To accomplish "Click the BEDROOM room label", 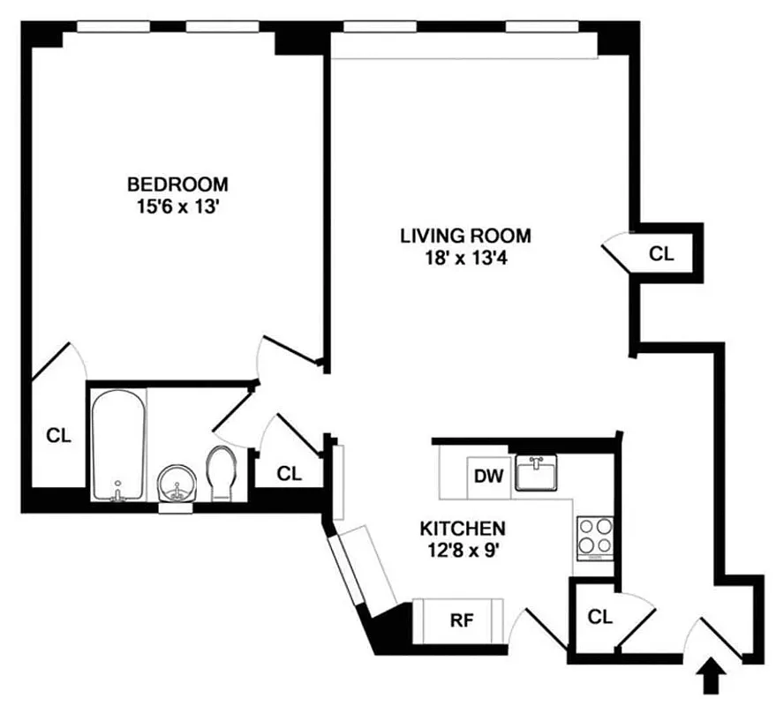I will [177, 184].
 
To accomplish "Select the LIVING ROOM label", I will [465, 236].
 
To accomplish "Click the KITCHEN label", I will [462, 529].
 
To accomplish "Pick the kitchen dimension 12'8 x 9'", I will [462, 550].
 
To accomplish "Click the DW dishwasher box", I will [488, 477].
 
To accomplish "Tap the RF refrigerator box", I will [460, 620].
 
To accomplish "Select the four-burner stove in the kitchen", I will [596, 537].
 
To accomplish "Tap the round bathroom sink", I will [177, 484].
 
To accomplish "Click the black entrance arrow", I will [713, 680].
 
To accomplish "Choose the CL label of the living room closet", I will [661, 254].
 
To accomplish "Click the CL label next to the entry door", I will [599, 617].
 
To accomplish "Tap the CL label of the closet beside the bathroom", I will [289, 473].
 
